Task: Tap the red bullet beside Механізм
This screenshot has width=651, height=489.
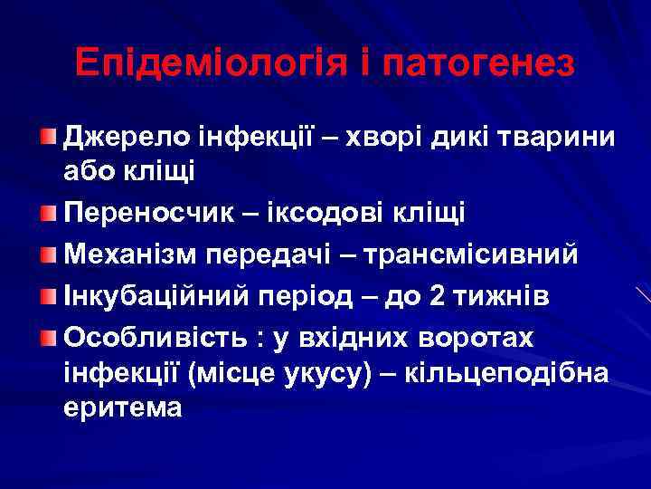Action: pos(49,254)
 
